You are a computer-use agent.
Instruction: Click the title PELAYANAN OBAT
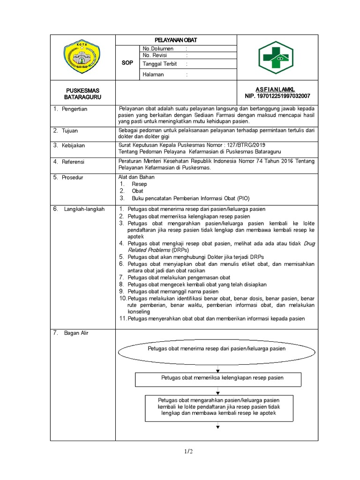pyautogui.click(x=177, y=40)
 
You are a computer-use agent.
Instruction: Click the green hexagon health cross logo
pyautogui.click(x=278, y=57)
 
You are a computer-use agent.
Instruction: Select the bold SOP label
pyautogui.click(x=127, y=63)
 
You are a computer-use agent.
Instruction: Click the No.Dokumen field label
pyautogui.click(x=158, y=48)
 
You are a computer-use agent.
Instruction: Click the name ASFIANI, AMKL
pyautogui.click(x=275, y=90)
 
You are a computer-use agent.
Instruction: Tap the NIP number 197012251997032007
pyautogui.click(x=277, y=96)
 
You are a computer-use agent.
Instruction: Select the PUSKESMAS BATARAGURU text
pyautogui.click(x=82, y=93)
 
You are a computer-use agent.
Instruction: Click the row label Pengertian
pyautogui.click(x=74, y=109)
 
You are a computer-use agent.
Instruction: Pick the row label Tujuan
pyautogui.click(x=71, y=131)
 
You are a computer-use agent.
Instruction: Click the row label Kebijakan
pyautogui.click(x=73, y=146)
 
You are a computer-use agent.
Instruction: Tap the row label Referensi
pyautogui.click(x=73, y=162)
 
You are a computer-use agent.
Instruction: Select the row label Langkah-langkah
pyautogui.click(x=84, y=209)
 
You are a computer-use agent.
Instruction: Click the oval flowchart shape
pyautogui.click(x=217, y=349)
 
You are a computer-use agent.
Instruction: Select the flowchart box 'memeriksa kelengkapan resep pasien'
pyautogui.click(x=218, y=378)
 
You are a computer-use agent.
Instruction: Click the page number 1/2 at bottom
pyautogui.click(x=188, y=451)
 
